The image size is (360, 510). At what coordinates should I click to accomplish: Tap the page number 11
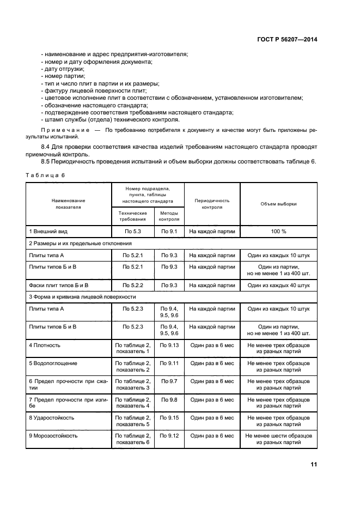coord(314,464)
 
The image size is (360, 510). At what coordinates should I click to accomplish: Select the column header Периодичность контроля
coord(212,204)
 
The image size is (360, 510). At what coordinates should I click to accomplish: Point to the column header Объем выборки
coord(278,204)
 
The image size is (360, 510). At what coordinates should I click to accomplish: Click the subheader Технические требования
coord(133,216)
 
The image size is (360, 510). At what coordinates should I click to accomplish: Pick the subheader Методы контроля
coord(169,216)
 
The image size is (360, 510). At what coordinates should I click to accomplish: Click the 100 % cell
coord(278,232)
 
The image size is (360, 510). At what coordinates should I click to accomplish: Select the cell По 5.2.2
coord(133,285)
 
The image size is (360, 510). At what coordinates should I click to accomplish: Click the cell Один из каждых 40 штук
coord(278,285)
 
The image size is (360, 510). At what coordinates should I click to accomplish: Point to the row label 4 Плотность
coord(45,345)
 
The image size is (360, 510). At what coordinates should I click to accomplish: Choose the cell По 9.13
coord(169,345)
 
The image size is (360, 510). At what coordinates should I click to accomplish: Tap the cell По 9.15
coord(169,418)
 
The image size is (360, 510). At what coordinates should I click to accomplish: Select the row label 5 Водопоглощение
coord(53,363)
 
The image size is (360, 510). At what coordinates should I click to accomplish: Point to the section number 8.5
coord(47,161)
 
